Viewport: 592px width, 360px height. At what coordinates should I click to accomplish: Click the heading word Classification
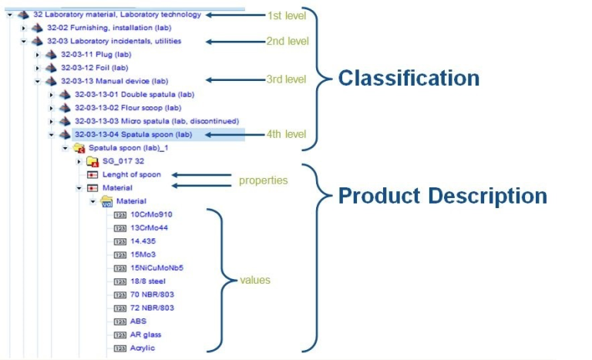coord(409,79)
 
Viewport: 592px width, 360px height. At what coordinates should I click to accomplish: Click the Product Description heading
coord(442,196)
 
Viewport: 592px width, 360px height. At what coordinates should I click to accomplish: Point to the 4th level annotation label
coord(286,134)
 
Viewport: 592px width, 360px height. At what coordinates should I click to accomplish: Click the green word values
coord(255,280)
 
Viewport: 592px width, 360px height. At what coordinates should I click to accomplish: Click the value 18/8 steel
coord(148,281)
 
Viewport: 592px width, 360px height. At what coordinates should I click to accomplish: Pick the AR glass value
coord(146,335)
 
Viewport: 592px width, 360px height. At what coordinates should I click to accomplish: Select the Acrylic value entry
coord(143,348)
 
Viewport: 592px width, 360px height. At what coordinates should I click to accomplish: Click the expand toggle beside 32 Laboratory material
coord(8,14)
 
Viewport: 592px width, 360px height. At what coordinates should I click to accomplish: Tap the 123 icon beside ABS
coord(119,321)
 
